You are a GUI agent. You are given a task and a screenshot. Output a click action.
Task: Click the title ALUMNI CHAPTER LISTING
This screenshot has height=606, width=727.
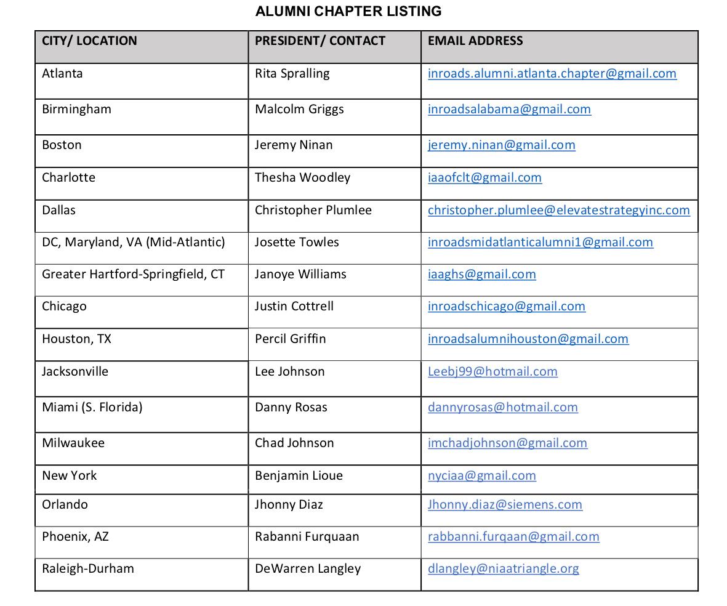coord(348,11)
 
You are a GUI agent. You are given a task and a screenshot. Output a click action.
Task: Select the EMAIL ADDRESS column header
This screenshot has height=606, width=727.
coord(475,41)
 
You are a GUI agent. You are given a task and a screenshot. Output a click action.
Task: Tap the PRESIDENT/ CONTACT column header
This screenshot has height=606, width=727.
coord(320,41)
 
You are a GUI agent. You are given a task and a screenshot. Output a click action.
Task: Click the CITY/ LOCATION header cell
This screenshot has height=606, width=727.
coord(89,41)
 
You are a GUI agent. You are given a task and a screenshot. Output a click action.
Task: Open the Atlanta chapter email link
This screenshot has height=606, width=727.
coord(552,73)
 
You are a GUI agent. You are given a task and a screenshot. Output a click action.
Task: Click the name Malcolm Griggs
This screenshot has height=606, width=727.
coord(299,109)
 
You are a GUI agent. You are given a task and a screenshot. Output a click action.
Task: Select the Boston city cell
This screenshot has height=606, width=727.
coord(62,145)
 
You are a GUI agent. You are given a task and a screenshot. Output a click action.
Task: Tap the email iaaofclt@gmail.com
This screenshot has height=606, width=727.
coord(484,177)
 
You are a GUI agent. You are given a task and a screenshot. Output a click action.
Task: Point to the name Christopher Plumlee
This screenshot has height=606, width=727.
coord(313,210)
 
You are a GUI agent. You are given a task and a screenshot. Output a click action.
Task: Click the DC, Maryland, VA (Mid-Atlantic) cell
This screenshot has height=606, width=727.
coord(133,242)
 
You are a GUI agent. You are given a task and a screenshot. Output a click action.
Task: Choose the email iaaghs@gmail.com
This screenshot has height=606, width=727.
coord(481,274)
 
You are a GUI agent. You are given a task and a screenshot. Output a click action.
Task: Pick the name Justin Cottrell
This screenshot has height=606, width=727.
coord(294,306)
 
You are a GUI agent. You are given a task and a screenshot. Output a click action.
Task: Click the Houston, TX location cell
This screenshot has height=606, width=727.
coord(76,339)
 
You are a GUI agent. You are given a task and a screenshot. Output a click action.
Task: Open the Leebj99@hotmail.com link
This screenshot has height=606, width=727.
coord(492,371)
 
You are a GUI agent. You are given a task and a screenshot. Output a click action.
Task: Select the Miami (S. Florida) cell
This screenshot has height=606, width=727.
coord(92,407)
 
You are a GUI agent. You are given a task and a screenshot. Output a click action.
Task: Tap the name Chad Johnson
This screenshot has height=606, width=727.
coord(294,443)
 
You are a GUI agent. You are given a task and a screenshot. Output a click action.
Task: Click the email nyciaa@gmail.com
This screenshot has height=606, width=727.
coord(481,475)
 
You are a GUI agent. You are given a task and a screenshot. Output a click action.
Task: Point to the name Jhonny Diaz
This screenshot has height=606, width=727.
coord(289,504)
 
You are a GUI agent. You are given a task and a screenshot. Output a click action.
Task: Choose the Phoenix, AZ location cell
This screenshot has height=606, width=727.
coord(75,536)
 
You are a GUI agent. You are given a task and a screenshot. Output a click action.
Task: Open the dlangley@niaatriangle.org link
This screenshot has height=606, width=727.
coord(503,568)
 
